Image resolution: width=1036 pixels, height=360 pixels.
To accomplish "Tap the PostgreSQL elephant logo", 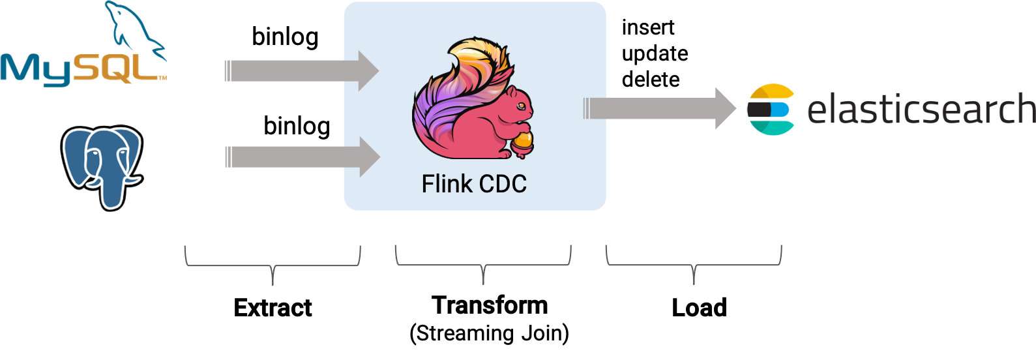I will pyautogui.click(x=102, y=166).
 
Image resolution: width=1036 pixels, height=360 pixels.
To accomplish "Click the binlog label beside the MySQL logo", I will pyautogui.click(x=285, y=37).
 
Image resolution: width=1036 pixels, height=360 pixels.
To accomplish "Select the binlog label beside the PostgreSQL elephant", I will pyautogui.click(x=297, y=126).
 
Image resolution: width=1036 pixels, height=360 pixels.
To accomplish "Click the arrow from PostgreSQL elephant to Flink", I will pyautogui.click(x=302, y=157).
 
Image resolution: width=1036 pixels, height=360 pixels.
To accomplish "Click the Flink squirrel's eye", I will pyautogui.click(x=519, y=104).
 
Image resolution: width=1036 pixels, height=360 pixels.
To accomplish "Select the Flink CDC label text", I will pyautogui.click(x=474, y=184).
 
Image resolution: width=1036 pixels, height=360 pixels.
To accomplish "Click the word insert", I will pyautogui.click(x=647, y=28).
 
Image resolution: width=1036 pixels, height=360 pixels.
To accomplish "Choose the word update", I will pyautogui.click(x=655, y=53).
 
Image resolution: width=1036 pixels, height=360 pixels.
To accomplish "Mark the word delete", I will pyautogui.click(x=651, y=80).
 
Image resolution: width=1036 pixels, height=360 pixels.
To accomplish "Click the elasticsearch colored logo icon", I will pyautogui.click(x=770, y=109).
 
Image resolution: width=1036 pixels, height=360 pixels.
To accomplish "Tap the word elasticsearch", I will pyautogui.click(x=921, y=109).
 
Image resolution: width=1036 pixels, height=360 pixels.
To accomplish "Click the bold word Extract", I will pyautogui.click(x=273, y=308).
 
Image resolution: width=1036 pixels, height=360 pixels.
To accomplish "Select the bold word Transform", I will pyautogui.click(x=490, y=305).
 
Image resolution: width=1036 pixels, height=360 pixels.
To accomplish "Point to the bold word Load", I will pyautogui.click(x=699, y=308).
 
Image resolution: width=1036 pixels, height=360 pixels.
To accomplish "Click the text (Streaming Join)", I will pyautogui.click(x=489, y=333).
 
